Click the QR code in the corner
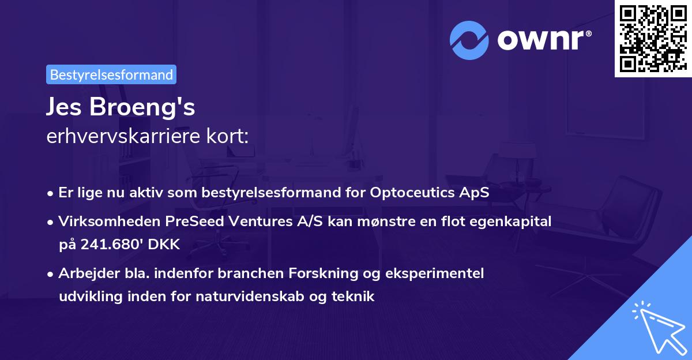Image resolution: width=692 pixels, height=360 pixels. [653, 38]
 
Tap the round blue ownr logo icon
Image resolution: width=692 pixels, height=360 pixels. [469, 40]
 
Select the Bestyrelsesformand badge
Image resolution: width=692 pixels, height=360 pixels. [111, 74]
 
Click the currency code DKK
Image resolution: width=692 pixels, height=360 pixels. [164, 245]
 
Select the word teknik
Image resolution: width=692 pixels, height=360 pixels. [355, 297]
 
